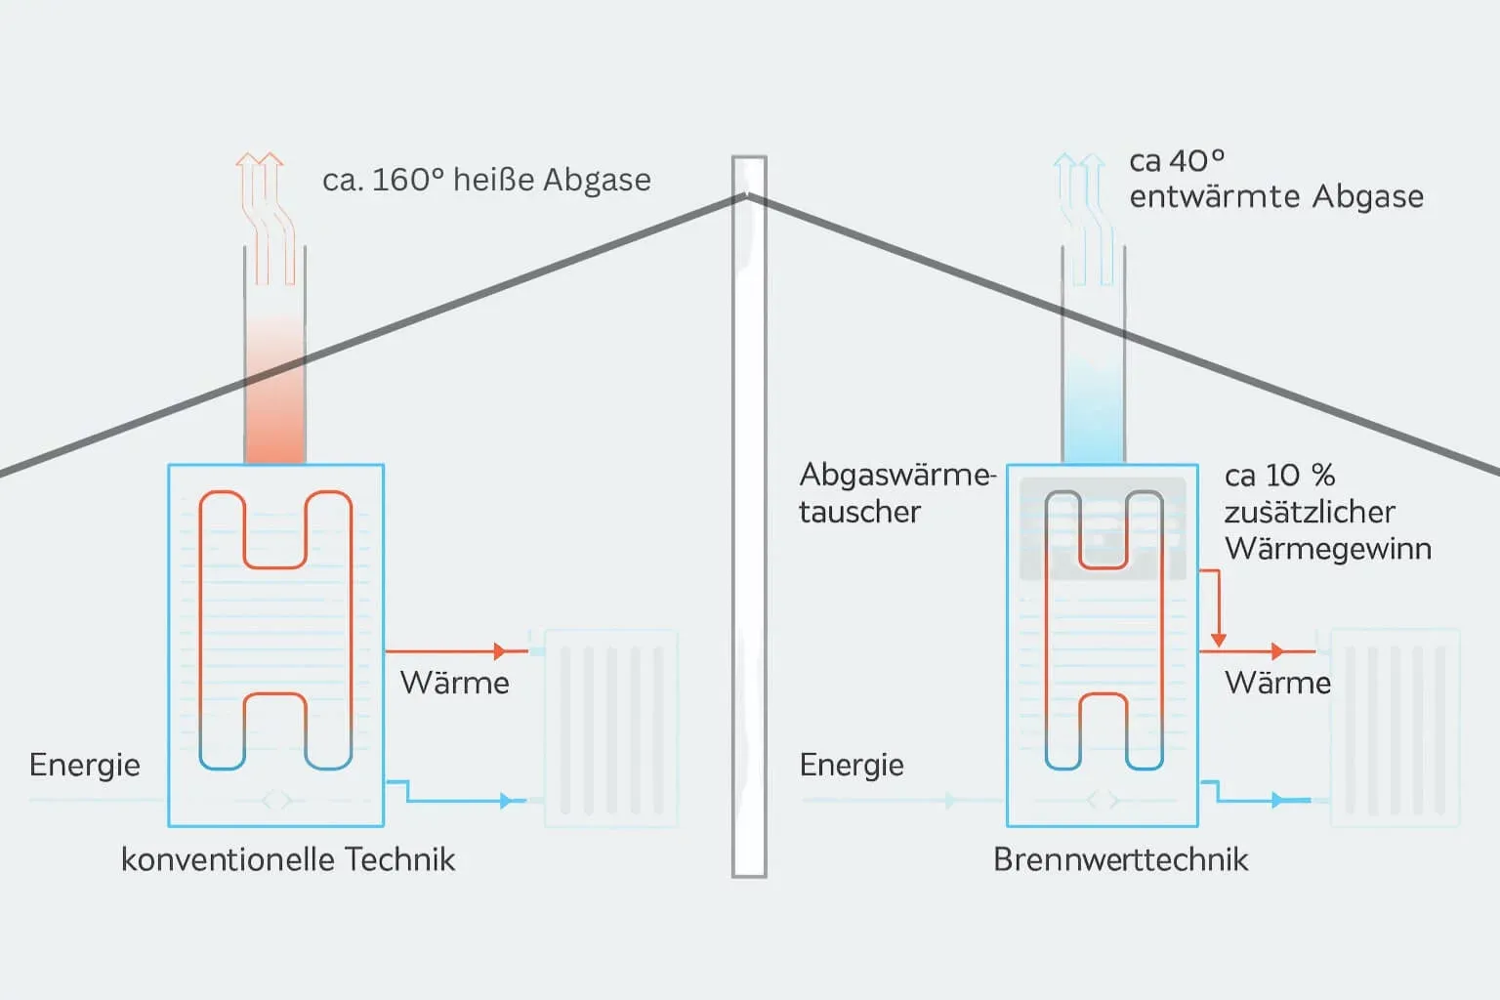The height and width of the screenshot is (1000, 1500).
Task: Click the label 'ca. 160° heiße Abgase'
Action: click(x=486, y=181)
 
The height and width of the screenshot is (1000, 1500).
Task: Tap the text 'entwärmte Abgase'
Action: click(x=1275, y=197)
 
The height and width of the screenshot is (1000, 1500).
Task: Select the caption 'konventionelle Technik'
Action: click(x=288, y=859)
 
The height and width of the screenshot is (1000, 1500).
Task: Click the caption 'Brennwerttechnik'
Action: click(x=1120, y=859)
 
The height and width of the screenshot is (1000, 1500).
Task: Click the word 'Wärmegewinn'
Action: click(x=1327, y=549)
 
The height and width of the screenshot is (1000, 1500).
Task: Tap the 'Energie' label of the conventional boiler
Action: click(x=85, y=765)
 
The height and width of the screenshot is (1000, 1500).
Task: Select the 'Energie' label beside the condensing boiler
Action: click(x=852, y=765)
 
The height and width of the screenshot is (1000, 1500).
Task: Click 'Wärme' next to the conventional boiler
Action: click(x=454, y=683)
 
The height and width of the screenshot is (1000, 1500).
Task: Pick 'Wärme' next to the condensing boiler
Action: click(x=1277, y=683)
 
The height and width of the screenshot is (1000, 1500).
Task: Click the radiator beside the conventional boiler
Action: click(x=610, y=728)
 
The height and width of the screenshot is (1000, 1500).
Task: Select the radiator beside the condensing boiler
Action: click(x=1396, y=728)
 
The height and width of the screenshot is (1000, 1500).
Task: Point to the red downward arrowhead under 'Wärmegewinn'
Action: click(x=1218, y=640)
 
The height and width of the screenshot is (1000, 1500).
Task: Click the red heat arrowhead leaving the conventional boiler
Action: click(x=500, y=651)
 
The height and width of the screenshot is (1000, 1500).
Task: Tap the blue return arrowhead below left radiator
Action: click(x=506, y=801)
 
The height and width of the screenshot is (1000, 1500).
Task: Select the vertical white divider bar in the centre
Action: click(x=749, y=518)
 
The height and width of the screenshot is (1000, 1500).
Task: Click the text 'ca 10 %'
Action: click(x=1279, y=476)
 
